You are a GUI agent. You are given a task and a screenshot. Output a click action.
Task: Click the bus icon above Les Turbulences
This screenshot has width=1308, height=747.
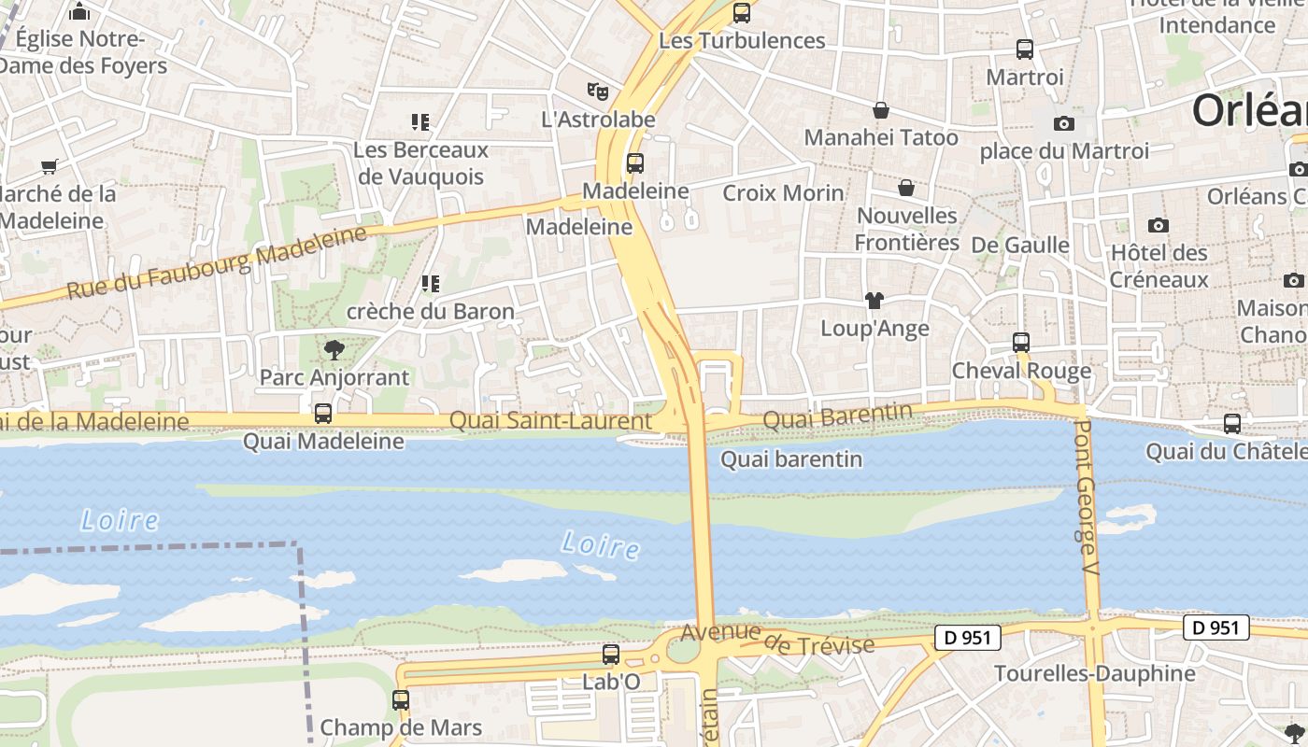pos(741,13)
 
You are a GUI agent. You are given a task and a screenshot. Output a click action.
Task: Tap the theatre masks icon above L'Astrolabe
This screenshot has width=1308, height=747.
pos(598,91)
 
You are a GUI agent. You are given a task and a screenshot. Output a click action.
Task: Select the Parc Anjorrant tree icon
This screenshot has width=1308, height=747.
pos(334,350)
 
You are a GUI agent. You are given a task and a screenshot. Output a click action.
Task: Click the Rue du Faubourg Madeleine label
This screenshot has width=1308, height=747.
pos(217,262)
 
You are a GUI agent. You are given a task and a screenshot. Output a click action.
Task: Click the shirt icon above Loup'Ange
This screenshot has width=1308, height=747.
pos(874,301)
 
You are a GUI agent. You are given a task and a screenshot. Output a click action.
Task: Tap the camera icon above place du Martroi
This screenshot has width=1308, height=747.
pos(1063,123)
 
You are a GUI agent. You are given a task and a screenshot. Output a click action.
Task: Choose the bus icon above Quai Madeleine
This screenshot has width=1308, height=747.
pos(322,413)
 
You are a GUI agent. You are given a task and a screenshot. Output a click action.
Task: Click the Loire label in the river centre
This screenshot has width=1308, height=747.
pos(601,545)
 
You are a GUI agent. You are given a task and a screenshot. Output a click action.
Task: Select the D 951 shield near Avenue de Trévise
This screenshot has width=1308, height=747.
pos(967,638)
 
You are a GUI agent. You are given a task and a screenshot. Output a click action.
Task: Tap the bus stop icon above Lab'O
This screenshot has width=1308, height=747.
pos(610,655)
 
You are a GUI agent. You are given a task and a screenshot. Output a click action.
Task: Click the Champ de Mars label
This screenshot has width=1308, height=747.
pos(401,727)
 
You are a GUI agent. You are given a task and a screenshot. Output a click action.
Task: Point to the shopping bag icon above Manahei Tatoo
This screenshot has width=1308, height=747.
pos(880,110)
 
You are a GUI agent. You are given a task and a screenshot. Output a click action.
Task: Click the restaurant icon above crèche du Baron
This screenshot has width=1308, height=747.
pos(430,283)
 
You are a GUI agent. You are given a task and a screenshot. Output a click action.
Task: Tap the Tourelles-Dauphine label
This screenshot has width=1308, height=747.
pos(1094,673)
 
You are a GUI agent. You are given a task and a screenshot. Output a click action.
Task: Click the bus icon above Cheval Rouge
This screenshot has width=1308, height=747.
pos(1020,343)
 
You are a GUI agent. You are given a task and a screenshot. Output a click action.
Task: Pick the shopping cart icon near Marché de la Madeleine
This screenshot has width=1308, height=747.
pos(49,167)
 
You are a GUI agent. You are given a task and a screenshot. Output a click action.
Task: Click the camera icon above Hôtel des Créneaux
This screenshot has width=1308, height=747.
pos(1158,225)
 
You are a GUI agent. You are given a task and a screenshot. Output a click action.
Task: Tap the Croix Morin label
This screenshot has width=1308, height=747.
pos(783,193)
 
